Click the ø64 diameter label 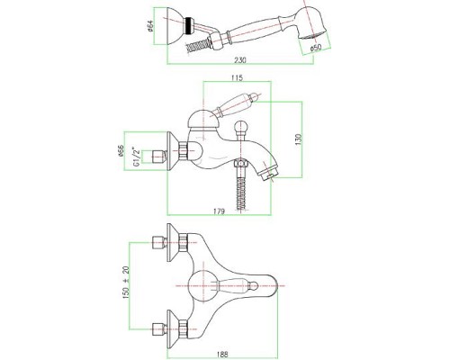tap(150, 26)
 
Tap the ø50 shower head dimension tap(316, 48)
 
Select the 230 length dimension tap(239, 60)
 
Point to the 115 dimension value tap(237, 77)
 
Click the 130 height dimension tap(298, 139)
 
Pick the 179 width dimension tap(219, 211)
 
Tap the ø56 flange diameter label tap(121, 151)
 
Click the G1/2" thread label tap(136, 157)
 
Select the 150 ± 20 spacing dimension tap(126, 283)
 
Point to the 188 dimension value tap(222, 355)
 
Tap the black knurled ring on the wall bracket tap(189, 25)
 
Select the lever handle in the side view tap(235, 106)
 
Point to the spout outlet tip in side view tap(269, 175)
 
